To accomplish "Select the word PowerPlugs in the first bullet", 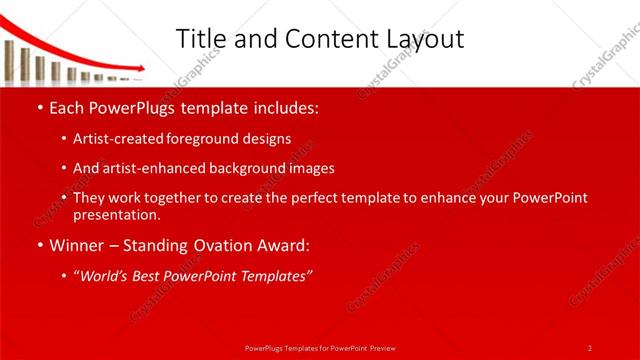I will pyautogui.click(x=132, y=106).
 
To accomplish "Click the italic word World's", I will pyautogui.click(x=105, y=276).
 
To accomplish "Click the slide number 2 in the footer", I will pyautogui.click(x=590, y=347).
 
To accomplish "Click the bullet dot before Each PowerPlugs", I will pyautogui.click(x=39, y=107).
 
